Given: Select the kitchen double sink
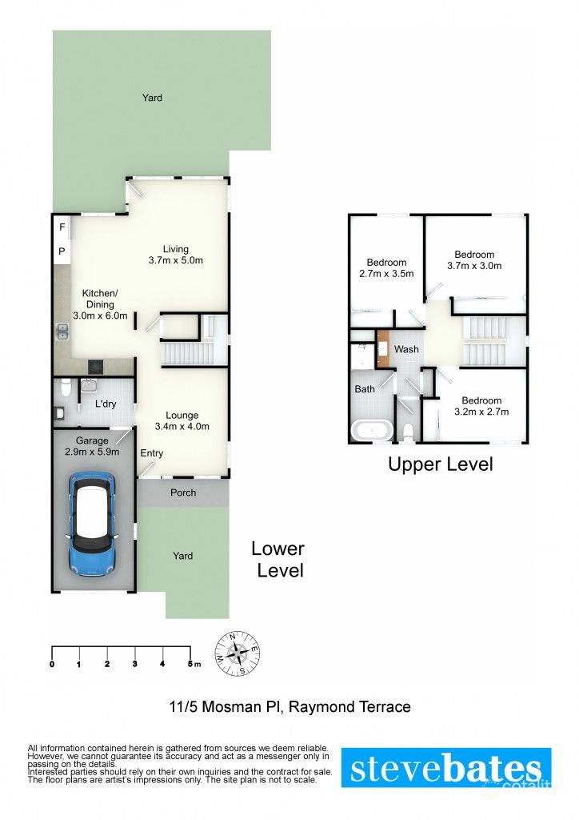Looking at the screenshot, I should pos(62,332).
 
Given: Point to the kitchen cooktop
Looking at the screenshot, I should pos(95,368).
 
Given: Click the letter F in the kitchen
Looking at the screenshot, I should pos(62,227).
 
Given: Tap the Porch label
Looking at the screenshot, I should pos(183,492).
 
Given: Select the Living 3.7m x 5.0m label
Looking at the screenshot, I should pos(176,255).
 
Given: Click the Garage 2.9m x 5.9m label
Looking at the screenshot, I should pos(92,446).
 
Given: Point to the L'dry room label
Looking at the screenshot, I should pos(106,404).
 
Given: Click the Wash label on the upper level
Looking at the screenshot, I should pos(406,349).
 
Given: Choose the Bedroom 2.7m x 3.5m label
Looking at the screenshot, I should pos(386,268).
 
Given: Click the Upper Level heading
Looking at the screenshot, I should pos(440,464).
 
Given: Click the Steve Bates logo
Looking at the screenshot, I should pos(446,768).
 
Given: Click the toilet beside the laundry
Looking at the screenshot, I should pos(68,390).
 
